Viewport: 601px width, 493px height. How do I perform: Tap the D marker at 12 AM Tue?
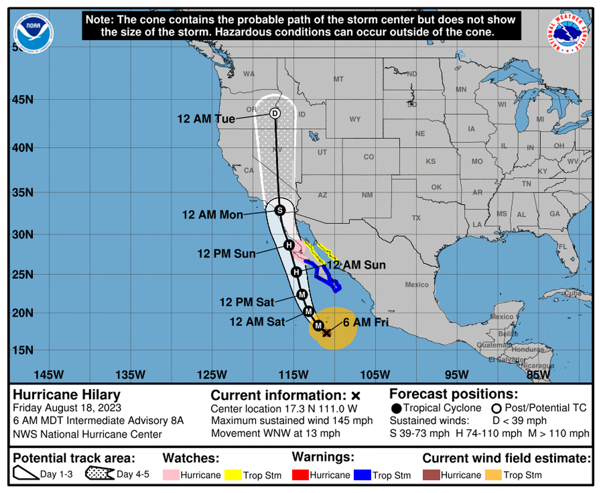(x=275, y=113)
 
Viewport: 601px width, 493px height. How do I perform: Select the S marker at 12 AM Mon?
(x=280, y=210)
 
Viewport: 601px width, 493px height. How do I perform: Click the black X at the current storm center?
(x=326, y=333)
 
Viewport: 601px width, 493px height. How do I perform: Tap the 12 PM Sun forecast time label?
(x=226, y=254)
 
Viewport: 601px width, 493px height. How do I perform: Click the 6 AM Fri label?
(x=364, y=323)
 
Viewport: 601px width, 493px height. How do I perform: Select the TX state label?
(x=416, y=218)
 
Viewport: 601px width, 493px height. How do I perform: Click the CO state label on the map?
(x=369, y=157)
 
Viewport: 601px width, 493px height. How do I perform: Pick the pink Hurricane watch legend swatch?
(x=171, y=475)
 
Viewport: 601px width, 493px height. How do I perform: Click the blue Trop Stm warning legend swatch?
(x=362, y=475)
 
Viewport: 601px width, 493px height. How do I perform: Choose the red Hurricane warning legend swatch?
(x=300, y=475)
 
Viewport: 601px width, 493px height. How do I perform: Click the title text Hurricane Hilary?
(x=66, y=395)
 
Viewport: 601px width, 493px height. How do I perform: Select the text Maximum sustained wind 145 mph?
(x=292, y=421)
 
